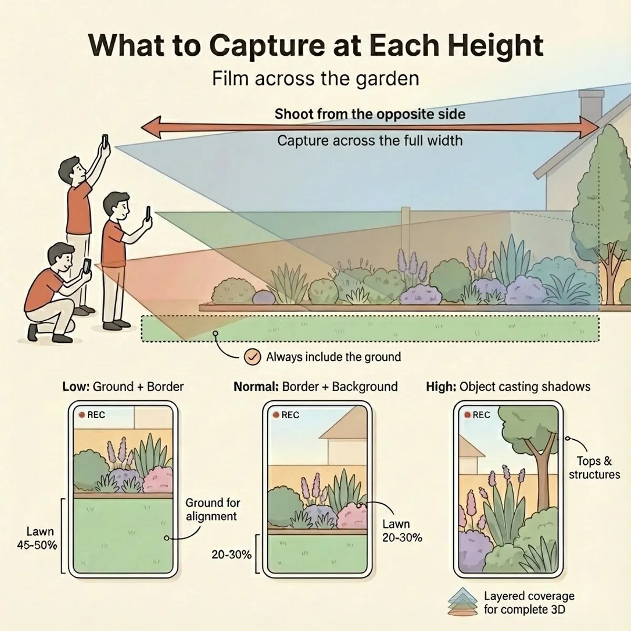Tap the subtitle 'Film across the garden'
(315, 79)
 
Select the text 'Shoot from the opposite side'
(370, 114)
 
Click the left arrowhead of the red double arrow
(151, 127)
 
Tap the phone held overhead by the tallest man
(105, 141)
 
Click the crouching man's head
(61, 257)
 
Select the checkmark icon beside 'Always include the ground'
(252, 357)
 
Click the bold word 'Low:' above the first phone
(76, 386)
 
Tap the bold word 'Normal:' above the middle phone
(256, 386)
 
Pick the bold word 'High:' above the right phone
(441, 386)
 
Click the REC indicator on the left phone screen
(92, 415)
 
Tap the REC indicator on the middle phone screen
(286, 415)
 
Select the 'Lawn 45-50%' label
(37, 538)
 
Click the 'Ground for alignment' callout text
(213, 509)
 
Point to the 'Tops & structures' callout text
(594, 467)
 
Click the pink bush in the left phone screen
(158, 479)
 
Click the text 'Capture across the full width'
(370, 141)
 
